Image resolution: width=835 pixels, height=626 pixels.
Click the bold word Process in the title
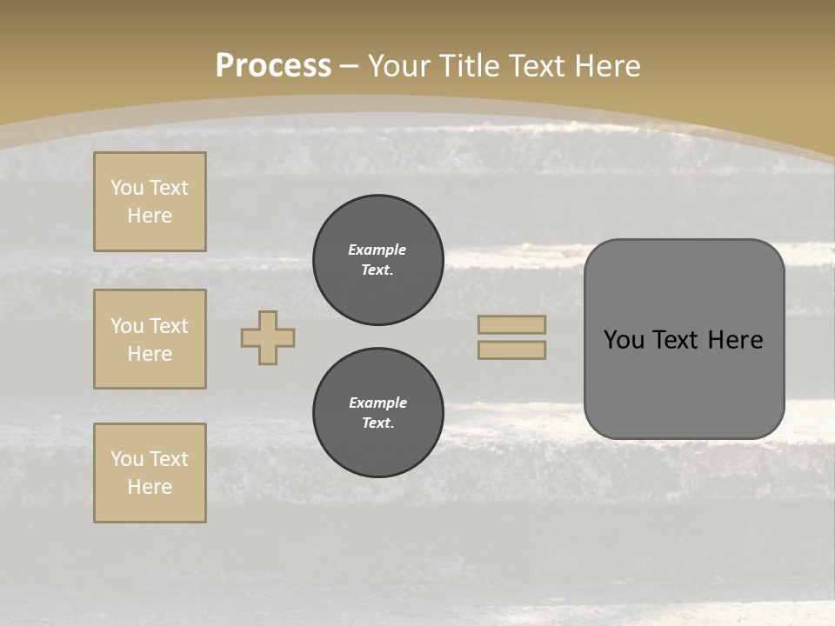point(273,66)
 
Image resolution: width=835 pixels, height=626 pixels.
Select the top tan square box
point(150,202)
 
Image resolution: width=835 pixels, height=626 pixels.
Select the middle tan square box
point(150,339)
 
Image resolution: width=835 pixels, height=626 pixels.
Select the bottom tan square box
point(150,473)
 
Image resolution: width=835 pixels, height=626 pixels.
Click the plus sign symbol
point(268,337)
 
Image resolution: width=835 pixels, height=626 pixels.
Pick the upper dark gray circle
point(378,260)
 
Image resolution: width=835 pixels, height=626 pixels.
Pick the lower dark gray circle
point(378,413)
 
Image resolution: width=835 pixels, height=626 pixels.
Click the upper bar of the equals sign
point(512,324)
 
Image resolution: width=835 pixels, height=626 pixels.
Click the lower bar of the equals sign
point(512,350)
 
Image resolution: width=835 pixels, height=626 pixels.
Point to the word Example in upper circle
point(377,250)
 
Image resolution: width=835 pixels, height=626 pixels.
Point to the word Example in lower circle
point(377,403)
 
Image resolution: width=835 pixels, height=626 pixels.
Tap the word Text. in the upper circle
point(377,270)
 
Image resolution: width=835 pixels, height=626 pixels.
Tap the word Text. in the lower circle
point(377,423)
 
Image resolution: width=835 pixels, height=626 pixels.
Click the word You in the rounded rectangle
point(625,340)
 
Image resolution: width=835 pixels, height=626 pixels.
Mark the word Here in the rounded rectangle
point(735,340)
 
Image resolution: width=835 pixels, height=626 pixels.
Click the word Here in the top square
point(150,216)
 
